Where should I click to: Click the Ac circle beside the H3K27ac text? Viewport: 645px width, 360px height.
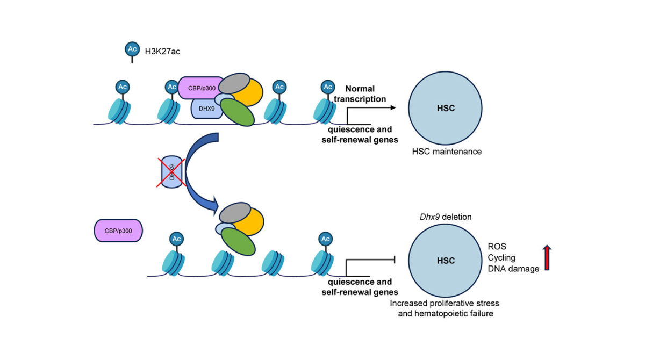(x=132, y=49)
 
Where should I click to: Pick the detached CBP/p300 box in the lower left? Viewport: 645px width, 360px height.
(x=118, y=231)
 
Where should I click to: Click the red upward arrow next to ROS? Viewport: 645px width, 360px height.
(x=547, y=257)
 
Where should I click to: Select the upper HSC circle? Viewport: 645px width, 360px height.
(x=446, y=109)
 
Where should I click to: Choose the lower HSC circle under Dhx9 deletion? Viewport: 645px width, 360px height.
(x=446, y=261)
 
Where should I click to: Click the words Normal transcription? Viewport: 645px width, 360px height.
(x=365, y=93)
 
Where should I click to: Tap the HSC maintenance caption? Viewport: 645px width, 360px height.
(x=446, y=152)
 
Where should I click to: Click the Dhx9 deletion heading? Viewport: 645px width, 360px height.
(x=445, y=217)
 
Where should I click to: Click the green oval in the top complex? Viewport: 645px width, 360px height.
(x=237, y=112)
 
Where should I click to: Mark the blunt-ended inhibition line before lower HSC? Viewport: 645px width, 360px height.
(x=371, y=261)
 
